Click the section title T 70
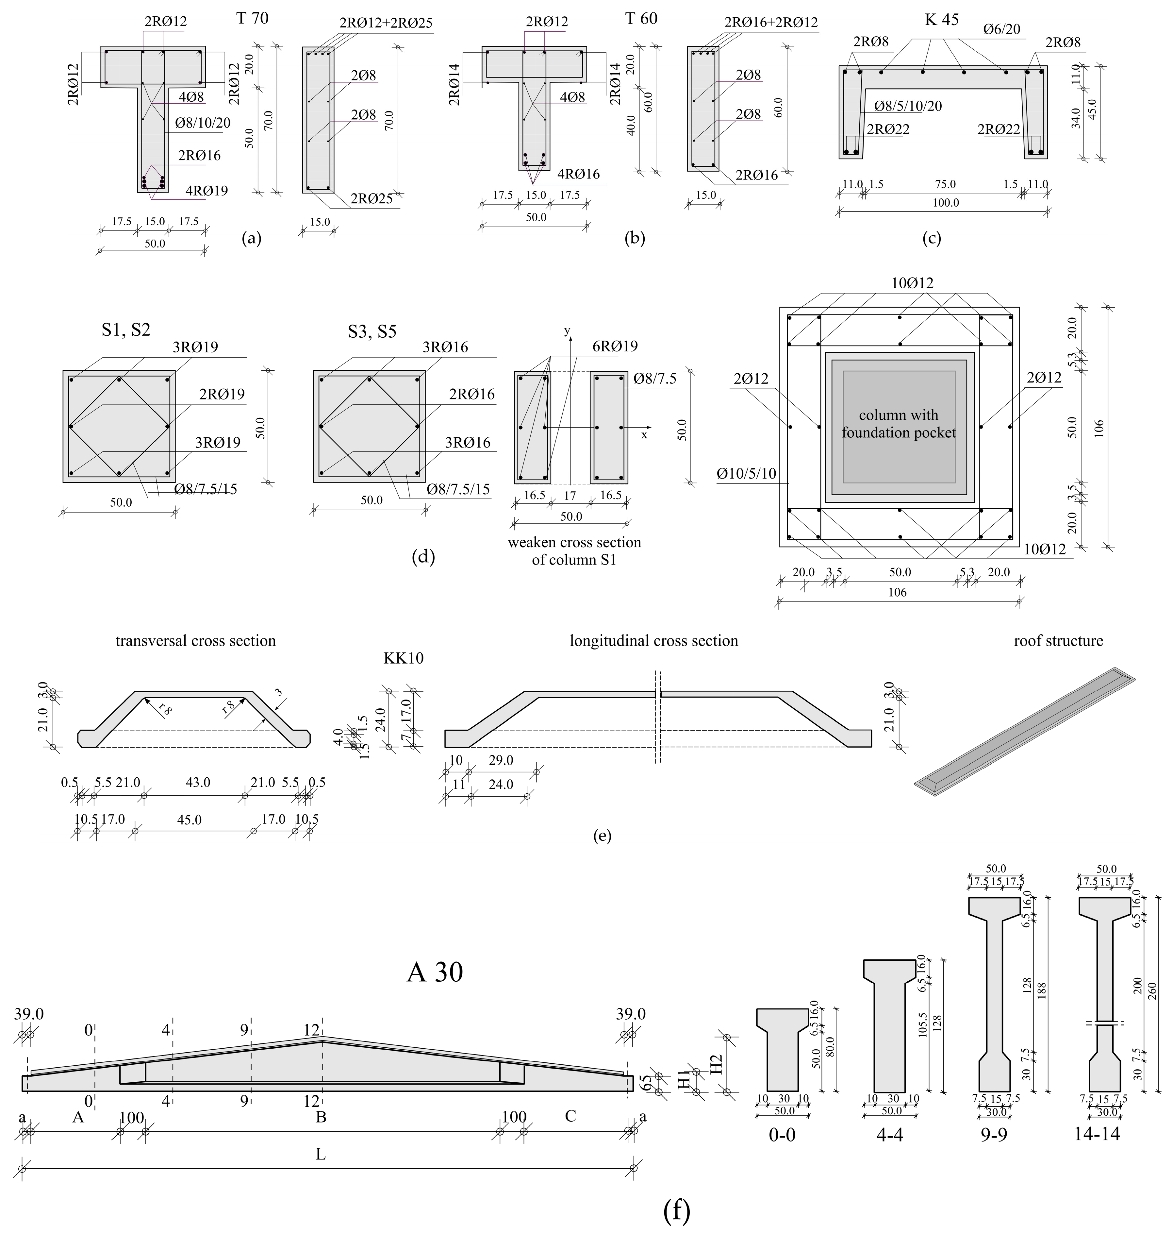253,18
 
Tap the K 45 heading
942,19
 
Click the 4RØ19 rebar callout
207,190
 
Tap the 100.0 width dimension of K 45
945,203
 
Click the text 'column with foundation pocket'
899,423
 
